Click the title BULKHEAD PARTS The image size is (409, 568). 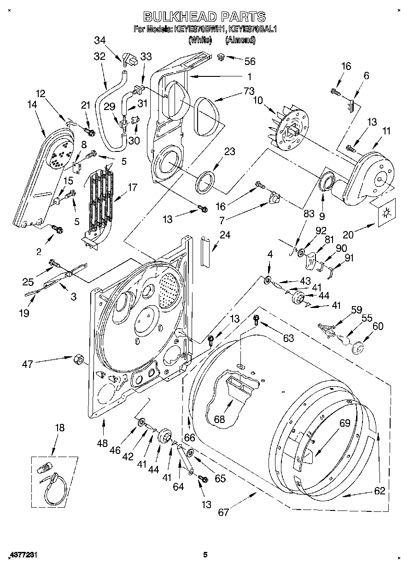[204, 17]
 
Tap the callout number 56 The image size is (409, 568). [250, 61]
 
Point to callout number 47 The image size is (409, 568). [28, 364]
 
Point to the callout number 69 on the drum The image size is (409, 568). [345, 423]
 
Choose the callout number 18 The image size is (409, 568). [59, 428]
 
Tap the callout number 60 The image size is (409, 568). [378, 326]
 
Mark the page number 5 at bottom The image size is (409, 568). [205, 555]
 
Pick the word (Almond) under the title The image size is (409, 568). [240, 40]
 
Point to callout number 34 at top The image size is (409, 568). [99, 40]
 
